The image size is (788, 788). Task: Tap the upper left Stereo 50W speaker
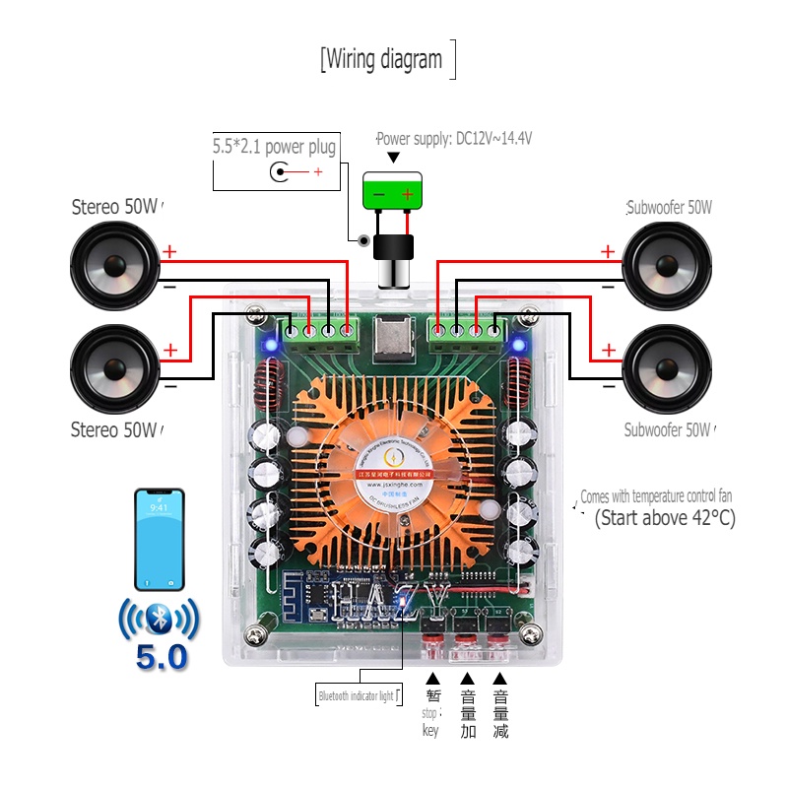pos(115,265)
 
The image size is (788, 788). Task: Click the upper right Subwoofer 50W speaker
pos(667,265)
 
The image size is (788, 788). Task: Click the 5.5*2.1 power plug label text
pos(275,148)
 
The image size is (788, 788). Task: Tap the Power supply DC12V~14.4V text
pos(454,139)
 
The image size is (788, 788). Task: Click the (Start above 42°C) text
pos(666,518)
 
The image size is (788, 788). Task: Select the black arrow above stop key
pos(431,679)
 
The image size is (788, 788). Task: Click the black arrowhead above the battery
pos(394,158)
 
